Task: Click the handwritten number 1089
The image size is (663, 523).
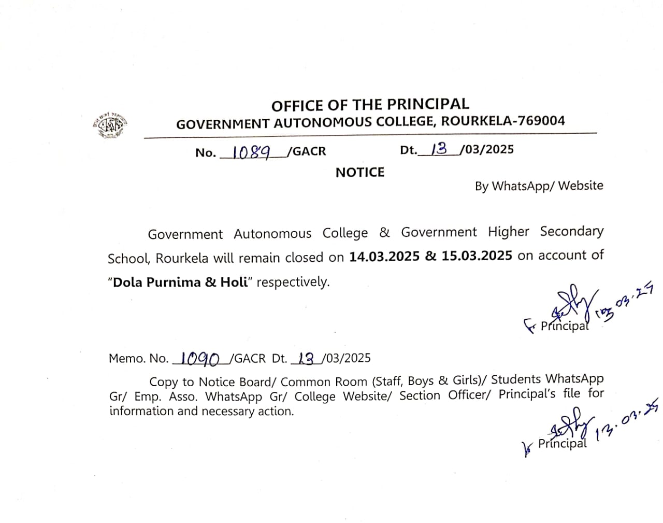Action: pos(251,152)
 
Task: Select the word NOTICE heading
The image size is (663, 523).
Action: pos(360,173)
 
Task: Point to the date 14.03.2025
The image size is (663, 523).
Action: pos(384,257)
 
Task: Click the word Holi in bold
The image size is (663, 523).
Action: pos(234,282)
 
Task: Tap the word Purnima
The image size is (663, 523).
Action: pos(175,282)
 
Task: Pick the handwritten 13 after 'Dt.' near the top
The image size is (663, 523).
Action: pos(439,149)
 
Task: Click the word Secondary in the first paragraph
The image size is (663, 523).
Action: pos(571,231)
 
